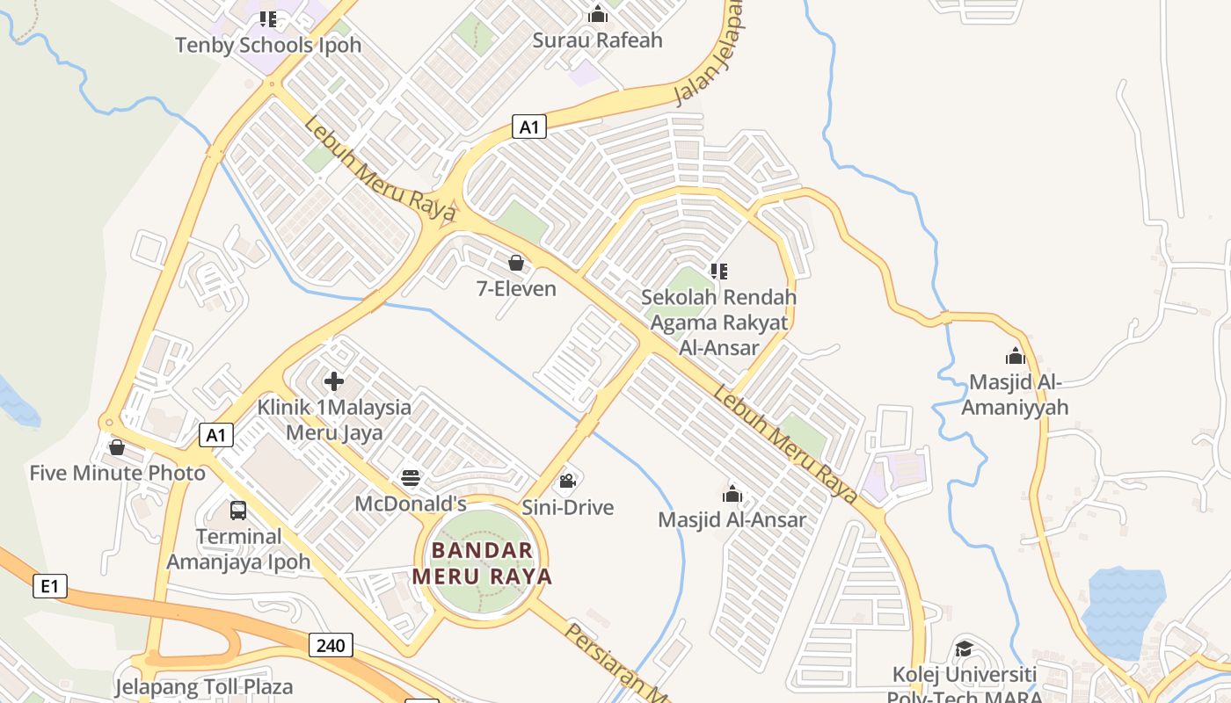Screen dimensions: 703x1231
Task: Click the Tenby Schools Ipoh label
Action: coord(268,45)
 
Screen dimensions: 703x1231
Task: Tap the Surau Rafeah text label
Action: coord(598,40)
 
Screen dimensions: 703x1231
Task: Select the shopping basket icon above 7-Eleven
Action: coord(516,263)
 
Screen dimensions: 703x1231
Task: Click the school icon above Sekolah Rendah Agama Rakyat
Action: coord(719,272)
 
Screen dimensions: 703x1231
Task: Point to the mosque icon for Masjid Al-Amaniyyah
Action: coord(1016,356)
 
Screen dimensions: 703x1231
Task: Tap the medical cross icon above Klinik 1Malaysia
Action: coord(334,381)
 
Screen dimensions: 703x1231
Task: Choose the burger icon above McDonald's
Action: coord(411,478)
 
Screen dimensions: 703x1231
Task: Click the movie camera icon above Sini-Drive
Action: coord(567,481)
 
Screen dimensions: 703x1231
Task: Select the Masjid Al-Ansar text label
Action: coord(732,519)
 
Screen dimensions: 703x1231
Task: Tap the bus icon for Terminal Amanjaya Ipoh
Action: coord(238,510)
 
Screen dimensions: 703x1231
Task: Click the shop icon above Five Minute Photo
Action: coord(117,447)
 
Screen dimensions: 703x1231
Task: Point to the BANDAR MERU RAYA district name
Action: coord(483,563)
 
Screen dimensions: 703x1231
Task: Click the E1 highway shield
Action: coord(50,585)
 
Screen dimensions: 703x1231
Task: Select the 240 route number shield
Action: coord(331,645)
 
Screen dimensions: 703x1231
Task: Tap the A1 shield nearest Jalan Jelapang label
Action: coord(528,127)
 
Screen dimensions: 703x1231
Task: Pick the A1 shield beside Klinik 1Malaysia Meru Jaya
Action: coord(216,434)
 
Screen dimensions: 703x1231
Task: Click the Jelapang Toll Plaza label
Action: coord(204,686)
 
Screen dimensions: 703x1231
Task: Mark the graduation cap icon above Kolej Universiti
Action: coord(964,649)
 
